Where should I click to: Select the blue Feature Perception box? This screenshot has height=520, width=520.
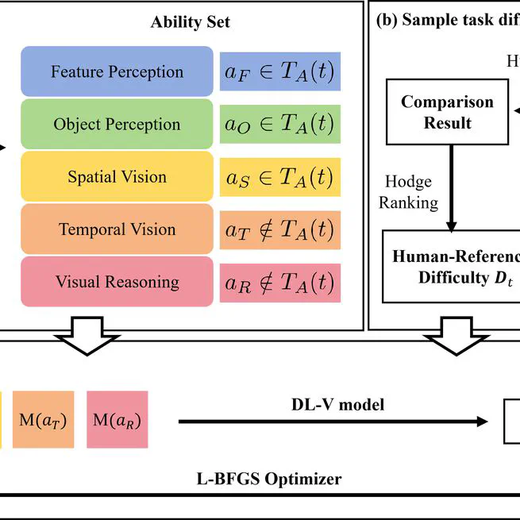[117, 71]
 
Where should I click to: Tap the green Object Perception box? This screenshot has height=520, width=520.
[117, 124]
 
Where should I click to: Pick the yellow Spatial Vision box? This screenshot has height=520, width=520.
[117, 176]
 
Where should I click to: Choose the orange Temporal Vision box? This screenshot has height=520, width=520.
[117, 229]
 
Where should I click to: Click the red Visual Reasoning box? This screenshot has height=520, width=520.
[117, 282]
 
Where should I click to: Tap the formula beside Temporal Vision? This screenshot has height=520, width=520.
[279, 229]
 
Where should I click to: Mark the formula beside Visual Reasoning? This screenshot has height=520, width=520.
[279, 282]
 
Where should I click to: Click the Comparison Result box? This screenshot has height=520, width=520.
[447, 112]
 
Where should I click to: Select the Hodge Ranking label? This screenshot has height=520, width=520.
[408, 192]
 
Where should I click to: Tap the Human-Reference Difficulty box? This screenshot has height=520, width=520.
[451, 267]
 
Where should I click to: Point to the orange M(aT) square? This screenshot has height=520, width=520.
[43, 419]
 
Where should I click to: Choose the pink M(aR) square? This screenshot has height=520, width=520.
[117, 419]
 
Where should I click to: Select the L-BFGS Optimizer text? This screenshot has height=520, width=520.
[269, 479]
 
